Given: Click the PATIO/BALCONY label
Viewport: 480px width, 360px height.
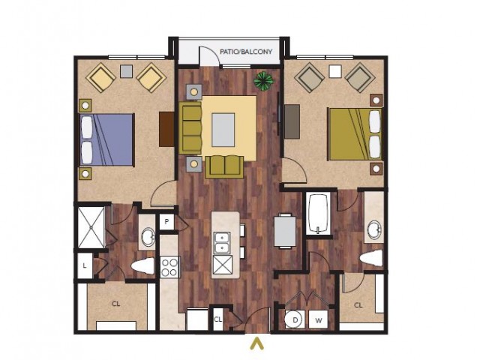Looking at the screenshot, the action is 246,52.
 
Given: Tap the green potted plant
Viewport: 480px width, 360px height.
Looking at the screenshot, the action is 263,80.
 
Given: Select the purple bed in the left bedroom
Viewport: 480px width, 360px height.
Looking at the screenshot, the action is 107,139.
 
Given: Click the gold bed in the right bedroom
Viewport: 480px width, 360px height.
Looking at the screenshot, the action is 355,134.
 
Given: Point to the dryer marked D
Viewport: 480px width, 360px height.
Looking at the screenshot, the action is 295,320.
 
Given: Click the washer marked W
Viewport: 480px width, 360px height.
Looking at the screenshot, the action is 318,320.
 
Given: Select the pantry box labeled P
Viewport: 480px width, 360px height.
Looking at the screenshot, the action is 166,221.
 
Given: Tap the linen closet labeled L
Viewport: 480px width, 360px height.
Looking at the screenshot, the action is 85,265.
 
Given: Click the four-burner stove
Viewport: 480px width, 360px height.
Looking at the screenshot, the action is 169,267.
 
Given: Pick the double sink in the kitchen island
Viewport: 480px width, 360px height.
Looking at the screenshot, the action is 223,242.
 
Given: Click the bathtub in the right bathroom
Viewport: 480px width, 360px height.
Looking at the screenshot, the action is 318,213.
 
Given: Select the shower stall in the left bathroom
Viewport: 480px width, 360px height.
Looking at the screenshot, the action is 91,227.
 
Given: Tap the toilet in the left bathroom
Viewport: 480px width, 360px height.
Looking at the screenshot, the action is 142,265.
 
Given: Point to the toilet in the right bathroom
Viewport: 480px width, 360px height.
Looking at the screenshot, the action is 371,258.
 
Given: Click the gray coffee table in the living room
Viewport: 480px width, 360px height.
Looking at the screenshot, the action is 223,130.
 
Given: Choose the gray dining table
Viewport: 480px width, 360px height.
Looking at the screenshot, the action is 285,231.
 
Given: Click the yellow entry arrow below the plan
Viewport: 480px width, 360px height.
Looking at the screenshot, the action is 256,343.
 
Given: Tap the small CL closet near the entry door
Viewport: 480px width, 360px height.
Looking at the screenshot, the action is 218,319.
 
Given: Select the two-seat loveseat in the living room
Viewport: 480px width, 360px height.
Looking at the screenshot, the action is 224,166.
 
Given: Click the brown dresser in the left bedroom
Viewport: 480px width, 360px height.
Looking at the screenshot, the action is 166,129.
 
